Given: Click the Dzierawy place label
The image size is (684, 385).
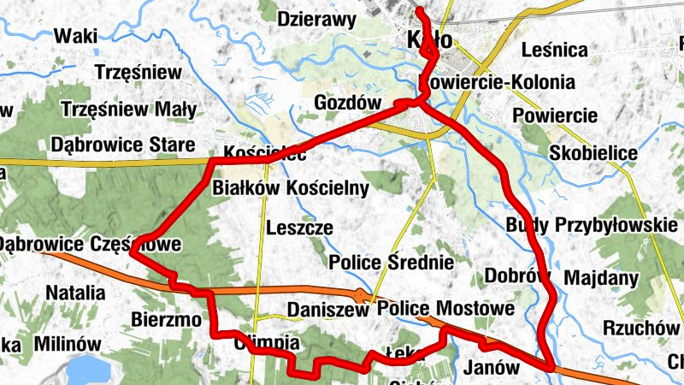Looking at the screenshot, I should point(316,19).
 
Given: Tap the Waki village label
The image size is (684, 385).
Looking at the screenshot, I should point(74,36).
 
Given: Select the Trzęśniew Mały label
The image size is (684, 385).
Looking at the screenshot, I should point(129,110).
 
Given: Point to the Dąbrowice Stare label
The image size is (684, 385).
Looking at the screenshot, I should point(122,145).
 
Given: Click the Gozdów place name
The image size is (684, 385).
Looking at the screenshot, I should point(346,102).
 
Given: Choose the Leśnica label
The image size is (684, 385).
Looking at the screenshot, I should point(559,50).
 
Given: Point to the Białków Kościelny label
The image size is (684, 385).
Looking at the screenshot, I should point(290,187).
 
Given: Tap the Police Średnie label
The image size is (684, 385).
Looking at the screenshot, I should point(391,261).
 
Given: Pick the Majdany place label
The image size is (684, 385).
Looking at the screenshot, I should point(602,278).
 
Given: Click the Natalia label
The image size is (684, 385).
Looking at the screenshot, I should point(75,293).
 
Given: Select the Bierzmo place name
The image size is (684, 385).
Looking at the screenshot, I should point(167,320).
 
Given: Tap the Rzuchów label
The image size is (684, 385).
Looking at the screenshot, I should point(634,327).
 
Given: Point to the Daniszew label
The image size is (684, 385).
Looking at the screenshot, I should point(327,309).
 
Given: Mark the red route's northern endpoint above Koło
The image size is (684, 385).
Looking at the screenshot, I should point(420,10).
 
